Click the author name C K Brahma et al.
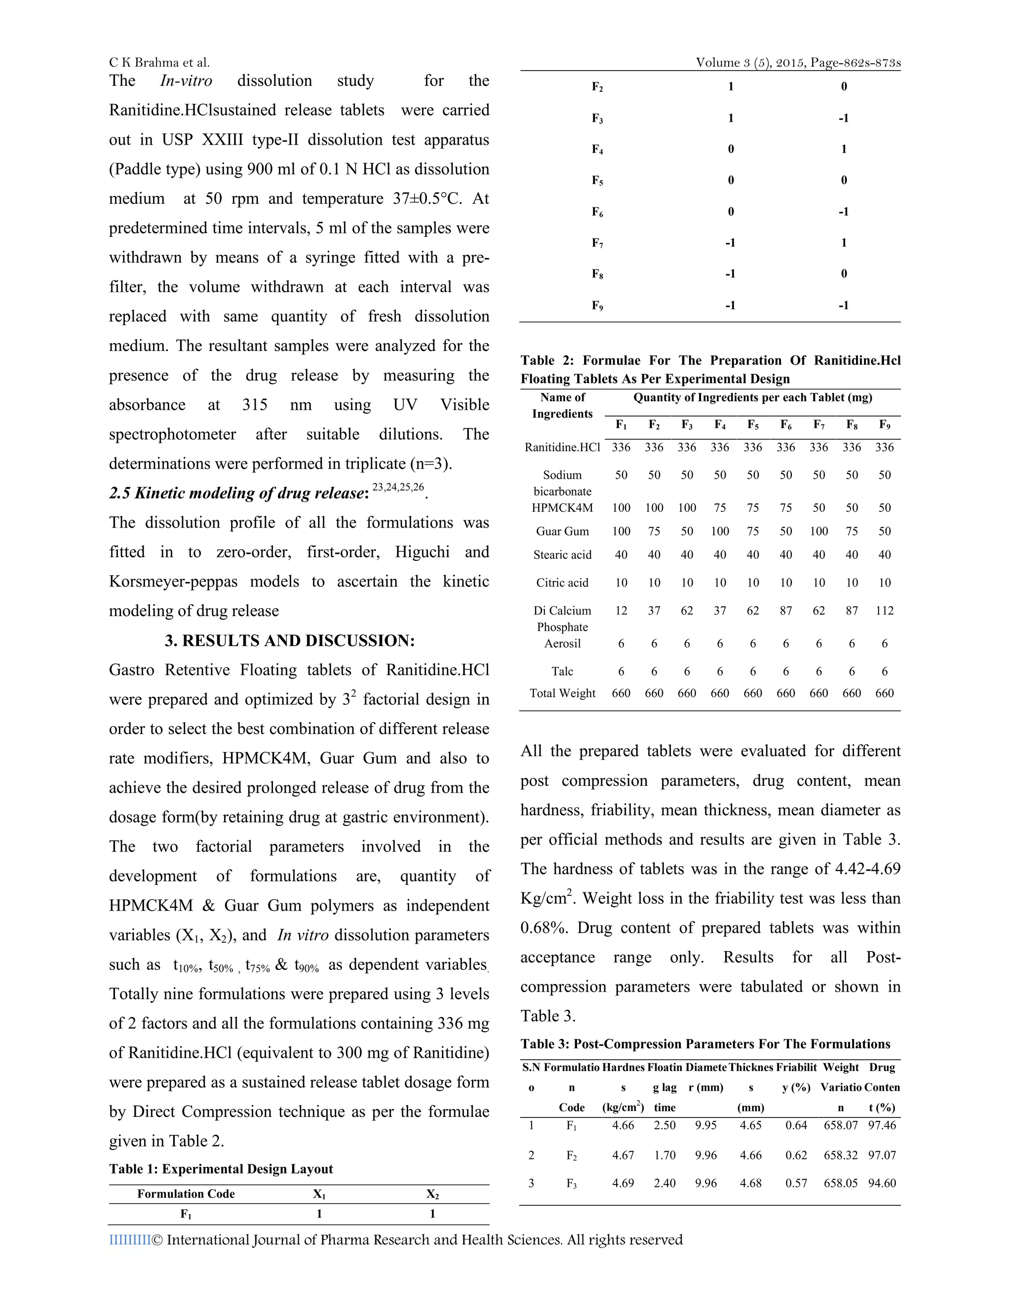tap(159, 62)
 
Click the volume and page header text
tap(798, 62)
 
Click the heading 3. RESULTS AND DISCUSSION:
tap(290, 641)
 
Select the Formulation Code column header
tap(186, 1193)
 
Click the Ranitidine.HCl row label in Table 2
tap(562, 447)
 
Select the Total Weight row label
tap(562, 693)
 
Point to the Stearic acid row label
tap(562, 555)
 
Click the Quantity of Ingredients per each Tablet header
tap(752, 398)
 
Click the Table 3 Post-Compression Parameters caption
tap(705, 1044)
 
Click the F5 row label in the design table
tap(597, 180)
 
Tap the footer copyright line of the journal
tap(395, 1240)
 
